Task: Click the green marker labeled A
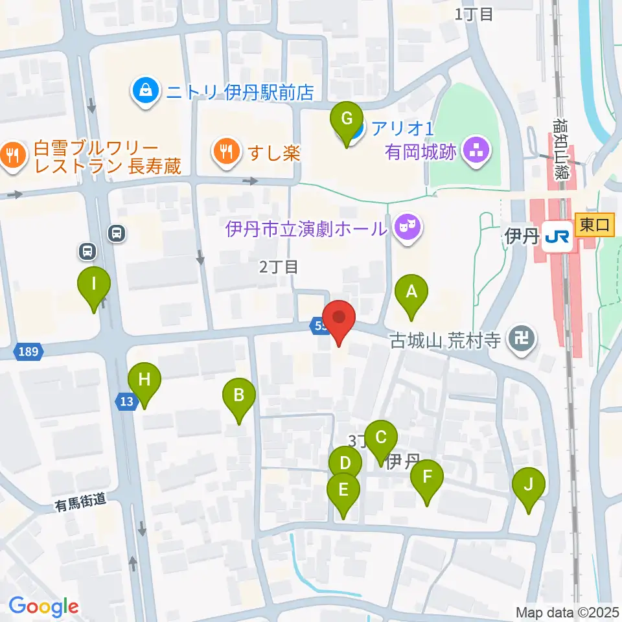pos(411,294)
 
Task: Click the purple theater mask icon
pos(407,227)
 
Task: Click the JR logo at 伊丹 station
pos(557,238)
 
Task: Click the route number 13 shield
pos(126,402)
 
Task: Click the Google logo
pos(43,606)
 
